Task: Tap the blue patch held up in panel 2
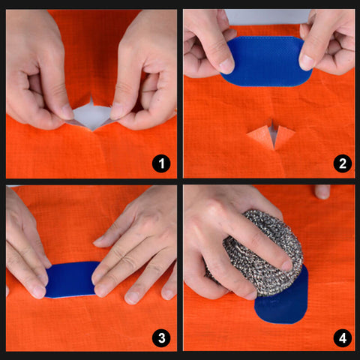coord(266,60)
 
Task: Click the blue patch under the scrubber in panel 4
coord(283,304)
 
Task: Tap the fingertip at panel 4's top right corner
coord(322,191)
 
